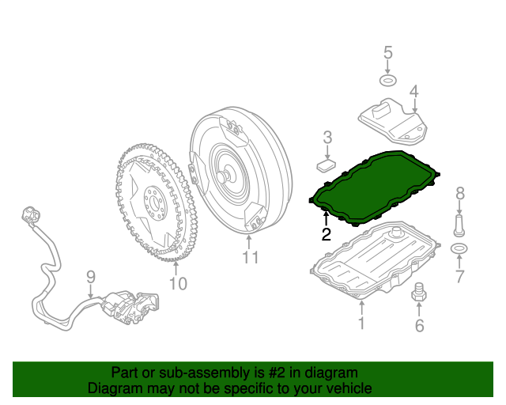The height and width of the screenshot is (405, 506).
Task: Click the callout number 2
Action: coord(326,234)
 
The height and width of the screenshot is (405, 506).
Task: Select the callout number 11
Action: coord(251,257)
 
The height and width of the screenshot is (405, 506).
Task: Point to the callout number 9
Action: coord(90,277)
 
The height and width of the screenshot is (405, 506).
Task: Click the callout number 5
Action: coord(387,53)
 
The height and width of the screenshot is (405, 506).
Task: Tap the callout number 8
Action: coord(459,193)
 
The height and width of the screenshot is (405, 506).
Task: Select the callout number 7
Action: coord(459,276)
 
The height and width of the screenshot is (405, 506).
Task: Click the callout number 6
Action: coord(419,325)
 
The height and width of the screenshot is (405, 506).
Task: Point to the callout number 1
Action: coord(361,323)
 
